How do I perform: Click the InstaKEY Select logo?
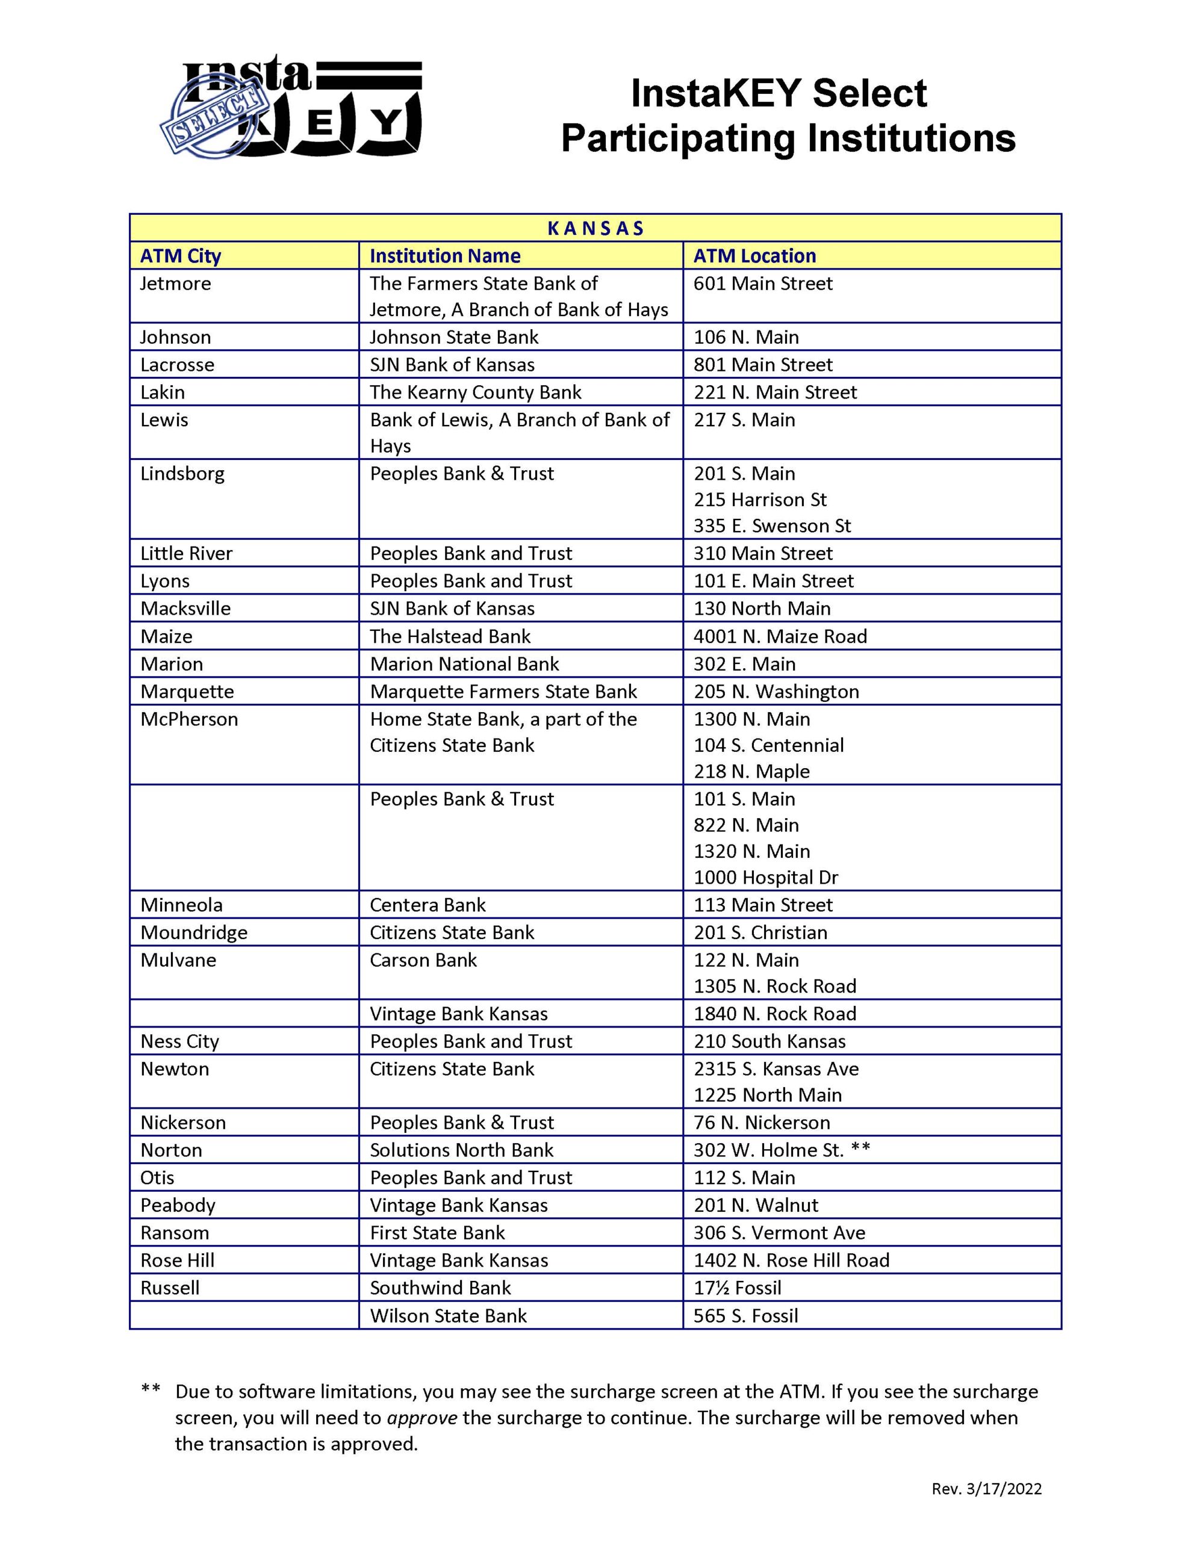coord(291,106)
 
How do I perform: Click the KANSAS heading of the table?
coord(595,228)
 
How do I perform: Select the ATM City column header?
coord(181,255)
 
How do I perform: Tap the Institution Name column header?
coord(445,255)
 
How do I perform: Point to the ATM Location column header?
coord(754,255)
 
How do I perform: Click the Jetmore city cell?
coord(176,284)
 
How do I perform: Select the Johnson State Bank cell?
coord(454,337)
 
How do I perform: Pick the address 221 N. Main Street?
coord(774,392)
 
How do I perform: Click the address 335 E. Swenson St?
coord(772,526)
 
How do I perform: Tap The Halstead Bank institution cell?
coord(450,636)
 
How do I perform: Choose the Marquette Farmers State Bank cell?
coord(503,692)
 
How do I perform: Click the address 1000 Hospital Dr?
coord(765,877)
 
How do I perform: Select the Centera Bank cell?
coord(428,905)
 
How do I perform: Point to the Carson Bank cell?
coord(423,960)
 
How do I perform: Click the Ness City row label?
coord(180,1041)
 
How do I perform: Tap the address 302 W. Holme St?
coord(768,1150)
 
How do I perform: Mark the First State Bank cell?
coord(438,1233)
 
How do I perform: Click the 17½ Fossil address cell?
coord(737,1288)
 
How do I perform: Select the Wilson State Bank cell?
coord(449,1316)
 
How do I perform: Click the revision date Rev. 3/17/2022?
coord(986,1488)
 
